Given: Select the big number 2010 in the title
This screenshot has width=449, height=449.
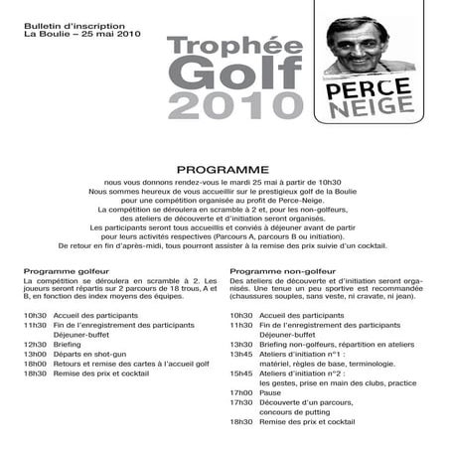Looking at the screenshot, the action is pyautogui.click(x=233, y=106).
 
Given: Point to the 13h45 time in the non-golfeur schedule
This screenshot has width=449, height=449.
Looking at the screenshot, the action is pyautogui.click(x=241, y=353).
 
